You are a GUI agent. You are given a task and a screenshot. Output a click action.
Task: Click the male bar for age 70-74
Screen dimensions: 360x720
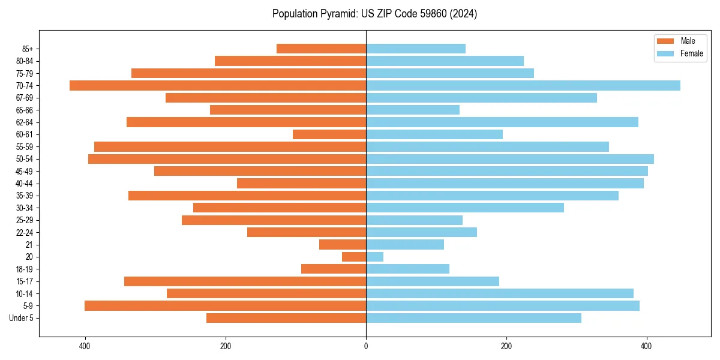click(x=218, y=85)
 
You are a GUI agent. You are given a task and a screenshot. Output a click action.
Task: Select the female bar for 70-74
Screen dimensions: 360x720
click(x=523, y=85)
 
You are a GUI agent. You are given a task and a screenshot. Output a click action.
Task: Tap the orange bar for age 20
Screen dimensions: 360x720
click(x=354, y=257)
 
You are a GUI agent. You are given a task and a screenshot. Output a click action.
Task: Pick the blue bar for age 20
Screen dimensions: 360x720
click(x=374, y=257)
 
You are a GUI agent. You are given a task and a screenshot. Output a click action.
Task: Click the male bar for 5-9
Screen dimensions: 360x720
click(x=225, y=305)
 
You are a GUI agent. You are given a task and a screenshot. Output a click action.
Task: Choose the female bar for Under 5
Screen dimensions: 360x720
click(x=473, y=318)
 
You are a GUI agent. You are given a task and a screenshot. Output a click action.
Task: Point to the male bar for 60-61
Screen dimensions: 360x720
click(x=329, y=134)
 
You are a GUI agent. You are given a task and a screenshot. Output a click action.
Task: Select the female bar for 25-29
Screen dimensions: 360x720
click(x=414, y=220)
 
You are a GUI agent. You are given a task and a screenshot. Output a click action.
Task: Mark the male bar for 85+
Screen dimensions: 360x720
click(x=321, y=49)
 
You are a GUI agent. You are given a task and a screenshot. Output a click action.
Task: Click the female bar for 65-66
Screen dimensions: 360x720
click(x=413, y=110)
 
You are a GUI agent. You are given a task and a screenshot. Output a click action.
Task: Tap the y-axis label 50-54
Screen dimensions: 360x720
click(x=25, y=159)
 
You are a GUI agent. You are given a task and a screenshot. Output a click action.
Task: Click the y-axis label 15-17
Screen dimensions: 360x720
click(x=25, y=281)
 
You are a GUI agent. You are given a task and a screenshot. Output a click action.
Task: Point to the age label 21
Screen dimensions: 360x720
click(x=29, y=245)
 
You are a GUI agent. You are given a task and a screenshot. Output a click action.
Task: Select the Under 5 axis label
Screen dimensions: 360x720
click(x=22, y=318)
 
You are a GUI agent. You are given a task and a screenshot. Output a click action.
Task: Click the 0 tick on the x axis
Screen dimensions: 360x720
click(x=366, y=346)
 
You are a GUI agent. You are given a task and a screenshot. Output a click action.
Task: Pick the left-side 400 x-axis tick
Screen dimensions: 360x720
click(x=85, y=346)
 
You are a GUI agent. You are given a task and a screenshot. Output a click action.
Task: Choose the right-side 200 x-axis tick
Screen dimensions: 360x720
click(x=506, y=346)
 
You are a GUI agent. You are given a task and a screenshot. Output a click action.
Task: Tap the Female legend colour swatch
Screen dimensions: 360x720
click(x=665, y=53)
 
